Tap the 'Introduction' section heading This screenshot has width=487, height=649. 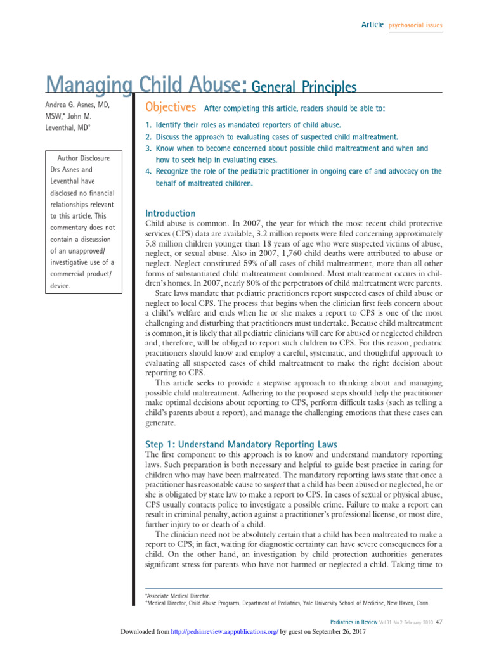pos(171,214)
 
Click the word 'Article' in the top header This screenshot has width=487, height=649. pos(372,25)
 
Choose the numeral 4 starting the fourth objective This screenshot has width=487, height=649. pos(148,172)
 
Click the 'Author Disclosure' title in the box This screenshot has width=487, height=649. pos(84,157)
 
